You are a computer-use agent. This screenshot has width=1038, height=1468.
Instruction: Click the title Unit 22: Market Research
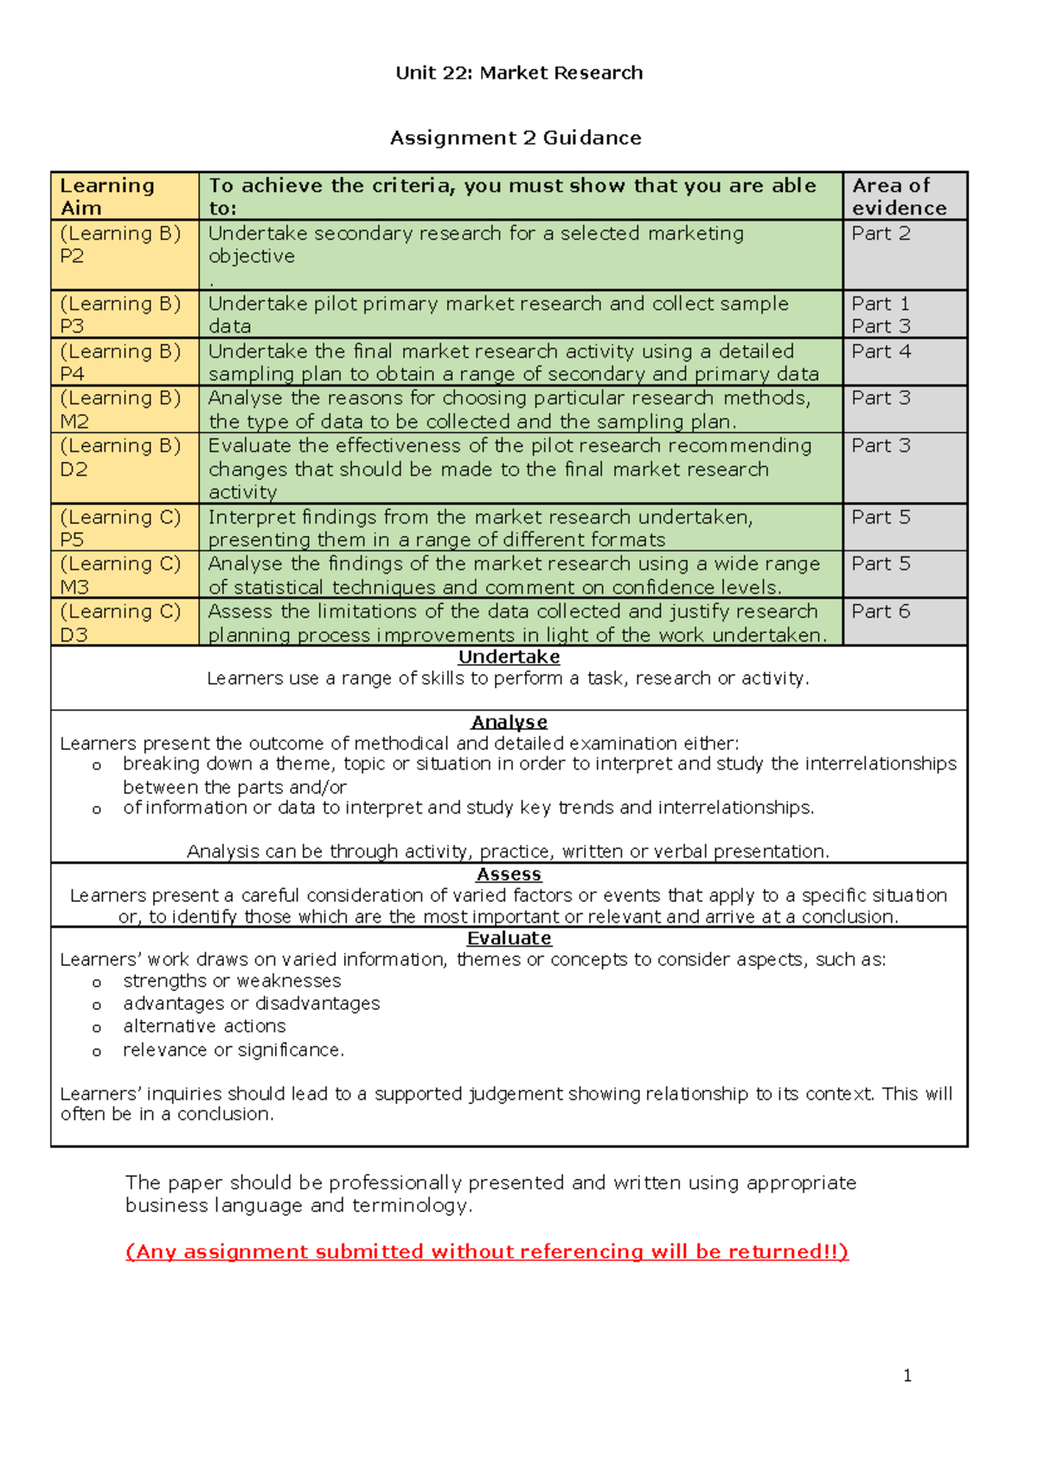[x=519, y=73]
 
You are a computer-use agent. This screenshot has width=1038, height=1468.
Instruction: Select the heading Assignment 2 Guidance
[x=516, y=137]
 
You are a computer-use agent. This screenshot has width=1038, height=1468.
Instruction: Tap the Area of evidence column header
[x=899, y=196]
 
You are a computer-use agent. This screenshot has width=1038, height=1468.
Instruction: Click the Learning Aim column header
[x=107, y=196]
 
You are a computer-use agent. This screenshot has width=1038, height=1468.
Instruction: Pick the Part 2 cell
[x=881, y=233]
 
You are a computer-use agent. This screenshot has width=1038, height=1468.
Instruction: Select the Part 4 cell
[x=881, y=352]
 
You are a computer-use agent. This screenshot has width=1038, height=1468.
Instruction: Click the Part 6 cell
[x=881, y=611]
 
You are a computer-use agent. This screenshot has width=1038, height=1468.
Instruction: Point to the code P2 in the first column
[x=72, y=257]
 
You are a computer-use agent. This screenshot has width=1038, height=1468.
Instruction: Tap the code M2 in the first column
[x=74, y=422]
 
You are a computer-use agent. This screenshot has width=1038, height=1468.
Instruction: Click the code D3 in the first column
[x=74, y=635]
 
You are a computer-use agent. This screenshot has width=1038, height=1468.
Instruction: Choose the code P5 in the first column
[x=72, y=540]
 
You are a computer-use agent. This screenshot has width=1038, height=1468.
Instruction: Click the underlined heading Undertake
[x=509, y=657]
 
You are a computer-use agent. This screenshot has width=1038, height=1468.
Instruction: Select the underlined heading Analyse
[x=509, y=722]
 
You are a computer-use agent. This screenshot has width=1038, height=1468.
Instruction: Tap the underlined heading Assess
[x=509, y=874]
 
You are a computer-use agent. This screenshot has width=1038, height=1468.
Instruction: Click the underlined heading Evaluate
[x=509, y=938]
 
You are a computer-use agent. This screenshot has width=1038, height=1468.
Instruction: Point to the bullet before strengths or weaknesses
[x=97, y=983]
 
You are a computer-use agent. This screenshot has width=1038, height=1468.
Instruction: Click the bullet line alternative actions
[x=204, y=1026]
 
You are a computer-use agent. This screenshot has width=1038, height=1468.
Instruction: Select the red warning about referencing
[x=487, y=1252]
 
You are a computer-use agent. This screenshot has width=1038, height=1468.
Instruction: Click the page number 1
[x=907, y=1375]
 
